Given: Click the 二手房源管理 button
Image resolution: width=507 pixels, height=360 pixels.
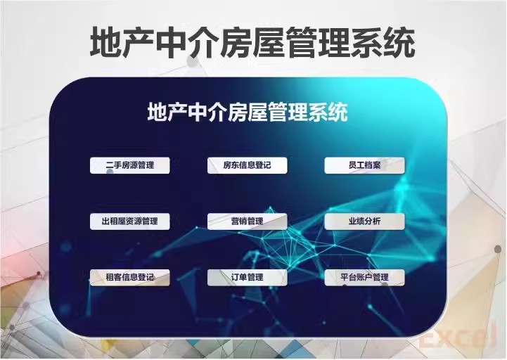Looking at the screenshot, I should pyautogui.click(x=130, y=166).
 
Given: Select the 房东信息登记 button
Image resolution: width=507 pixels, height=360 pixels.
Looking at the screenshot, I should pyautogui.click(x=247, y=166).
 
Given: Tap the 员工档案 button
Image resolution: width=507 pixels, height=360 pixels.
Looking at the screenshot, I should pyautogui.click(x=364, y=166).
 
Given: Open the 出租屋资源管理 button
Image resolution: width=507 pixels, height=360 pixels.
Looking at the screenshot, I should pyautogui.click(x=130, y=221).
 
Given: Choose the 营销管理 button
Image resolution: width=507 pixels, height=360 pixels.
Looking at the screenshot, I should pyautogui.click(x=247, y=221).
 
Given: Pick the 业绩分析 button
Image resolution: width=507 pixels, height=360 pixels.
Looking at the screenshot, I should pyautogui.click(x=364, y=221).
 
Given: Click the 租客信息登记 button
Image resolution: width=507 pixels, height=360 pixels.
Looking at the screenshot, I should pyautogui.click(x=130, y=277).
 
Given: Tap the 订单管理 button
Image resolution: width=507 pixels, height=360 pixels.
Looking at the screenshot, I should pyautogui.click(x=247, y=277).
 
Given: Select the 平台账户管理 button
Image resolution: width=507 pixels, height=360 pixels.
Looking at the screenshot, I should pyautogui.click(x=364, y=277).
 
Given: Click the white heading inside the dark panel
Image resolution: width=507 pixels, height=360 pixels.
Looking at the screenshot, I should pyautogui.click(x=248, y=112).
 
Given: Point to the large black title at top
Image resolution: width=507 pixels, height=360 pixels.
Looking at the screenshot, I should pyautogui.click(x=252, y=43).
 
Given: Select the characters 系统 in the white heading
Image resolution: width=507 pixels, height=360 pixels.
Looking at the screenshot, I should pyautogui.click(x=328, y=112).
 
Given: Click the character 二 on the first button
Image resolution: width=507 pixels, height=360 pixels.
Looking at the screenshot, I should pyautogui.click(x=109, y=166).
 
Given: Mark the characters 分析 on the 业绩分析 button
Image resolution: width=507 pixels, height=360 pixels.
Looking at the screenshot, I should pyautogui.click(x=373, y=221).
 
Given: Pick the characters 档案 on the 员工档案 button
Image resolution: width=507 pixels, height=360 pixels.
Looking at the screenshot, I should pyautogui.click(x=373, y=166).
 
